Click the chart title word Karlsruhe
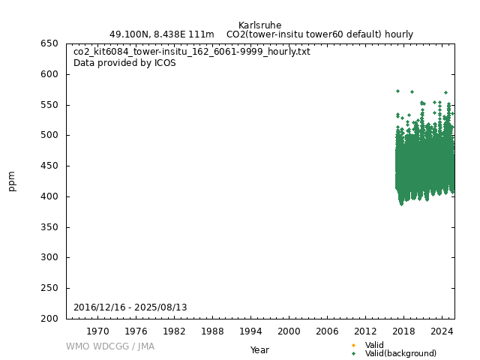point(259,25)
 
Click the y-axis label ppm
point(12,181)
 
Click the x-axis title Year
point(259,350)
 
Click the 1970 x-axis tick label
point(97,331)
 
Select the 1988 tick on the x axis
point(212,331)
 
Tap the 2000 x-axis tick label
point(289,331)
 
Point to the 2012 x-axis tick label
point(365,331)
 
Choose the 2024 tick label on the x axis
point(442,331)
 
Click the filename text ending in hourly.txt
point(191,52)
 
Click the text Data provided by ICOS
point(124,63)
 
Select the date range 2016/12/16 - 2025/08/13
point(130,307)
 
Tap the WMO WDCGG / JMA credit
point(110,346)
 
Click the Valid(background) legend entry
point(400,353)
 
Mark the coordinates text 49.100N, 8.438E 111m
point(161,34)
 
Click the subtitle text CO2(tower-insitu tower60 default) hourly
point(319,34)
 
